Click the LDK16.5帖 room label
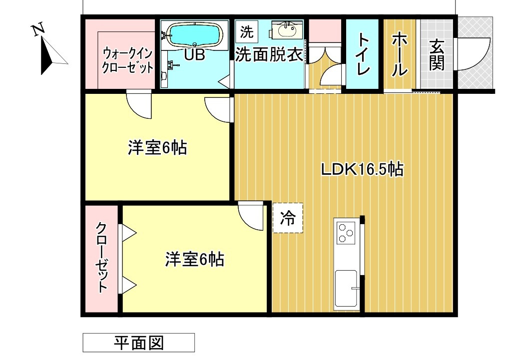pos(362,170)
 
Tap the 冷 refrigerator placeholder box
pos(288,218)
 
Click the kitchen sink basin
pos(346,288)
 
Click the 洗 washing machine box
pos(246,32)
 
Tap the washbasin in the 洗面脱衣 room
pos(286,30)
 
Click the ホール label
pos(399,54)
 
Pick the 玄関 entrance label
pos(437,54)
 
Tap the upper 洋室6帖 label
pos(157,148)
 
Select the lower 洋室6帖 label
pos(194,259)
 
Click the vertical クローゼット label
pos(101,257)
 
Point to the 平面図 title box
pos(138,343)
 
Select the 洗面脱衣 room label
pos(269,54)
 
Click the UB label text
pos(194,55)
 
